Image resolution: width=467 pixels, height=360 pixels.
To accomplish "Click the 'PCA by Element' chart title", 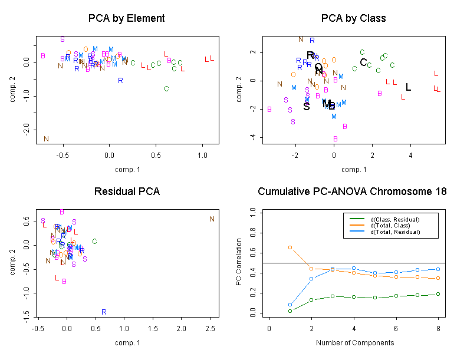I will [x=126, y=18].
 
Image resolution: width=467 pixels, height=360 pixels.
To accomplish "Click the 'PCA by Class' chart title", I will [x=353, y=18].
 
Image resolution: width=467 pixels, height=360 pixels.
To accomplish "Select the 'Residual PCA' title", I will [x=126, y=191].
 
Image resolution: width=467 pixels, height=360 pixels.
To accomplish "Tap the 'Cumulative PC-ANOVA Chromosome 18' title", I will [x=353, y=191].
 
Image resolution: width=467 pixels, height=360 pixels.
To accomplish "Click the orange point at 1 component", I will [x=290, y=247].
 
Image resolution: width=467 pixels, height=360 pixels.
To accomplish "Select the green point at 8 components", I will [x=438, y=294].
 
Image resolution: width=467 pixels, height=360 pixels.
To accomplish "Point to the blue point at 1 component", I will [x=290, y=305].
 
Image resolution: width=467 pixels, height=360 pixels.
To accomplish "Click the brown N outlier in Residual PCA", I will [x=212, y=219].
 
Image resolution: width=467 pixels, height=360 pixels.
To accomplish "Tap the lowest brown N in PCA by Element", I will [x=46, y=139].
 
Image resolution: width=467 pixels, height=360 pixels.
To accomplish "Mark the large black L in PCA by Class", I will [x=408, y=87].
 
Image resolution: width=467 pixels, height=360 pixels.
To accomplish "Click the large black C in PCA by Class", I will [x=363, y=62].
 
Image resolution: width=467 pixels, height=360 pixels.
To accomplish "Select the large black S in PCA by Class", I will [x=307, y=107].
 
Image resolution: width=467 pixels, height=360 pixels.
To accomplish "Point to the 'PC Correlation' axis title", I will [x=239, y=262].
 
